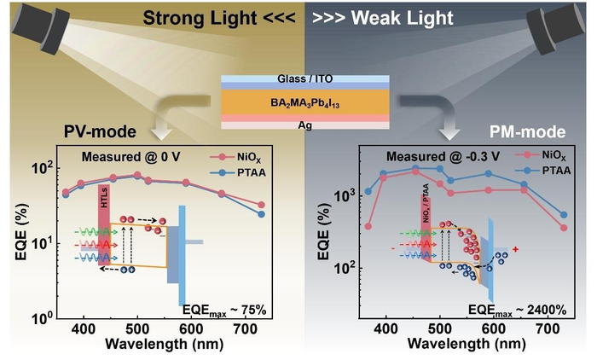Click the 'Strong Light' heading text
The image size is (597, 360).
coord(200,18)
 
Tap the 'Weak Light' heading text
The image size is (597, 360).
coord(402,18)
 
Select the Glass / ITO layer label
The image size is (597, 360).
coord(305,78)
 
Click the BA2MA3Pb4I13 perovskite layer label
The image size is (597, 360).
coord(305,103)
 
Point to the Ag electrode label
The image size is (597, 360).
coord(305,125)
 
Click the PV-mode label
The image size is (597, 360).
coord(100,132)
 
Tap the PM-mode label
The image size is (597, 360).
coord(527,132)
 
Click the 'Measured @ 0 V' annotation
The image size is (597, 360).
coord(130,157)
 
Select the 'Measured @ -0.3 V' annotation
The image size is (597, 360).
coord(443,157)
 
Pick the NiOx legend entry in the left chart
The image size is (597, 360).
coord(236,157)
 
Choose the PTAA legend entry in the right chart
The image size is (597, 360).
coord(543,171)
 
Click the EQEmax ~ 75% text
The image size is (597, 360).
coord(224,311)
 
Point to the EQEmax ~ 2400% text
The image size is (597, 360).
coord(518,311)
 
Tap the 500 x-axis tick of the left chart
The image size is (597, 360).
coord(137,328)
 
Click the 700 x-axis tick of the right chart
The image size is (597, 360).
coord(548,328)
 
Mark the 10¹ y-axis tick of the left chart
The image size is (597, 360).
coord(42,242)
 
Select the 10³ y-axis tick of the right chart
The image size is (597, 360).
coord(344,195)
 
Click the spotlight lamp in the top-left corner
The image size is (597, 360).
coord(41,26)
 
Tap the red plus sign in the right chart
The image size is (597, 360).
coord(515,249)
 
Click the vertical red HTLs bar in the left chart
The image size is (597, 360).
coord(104,224)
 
